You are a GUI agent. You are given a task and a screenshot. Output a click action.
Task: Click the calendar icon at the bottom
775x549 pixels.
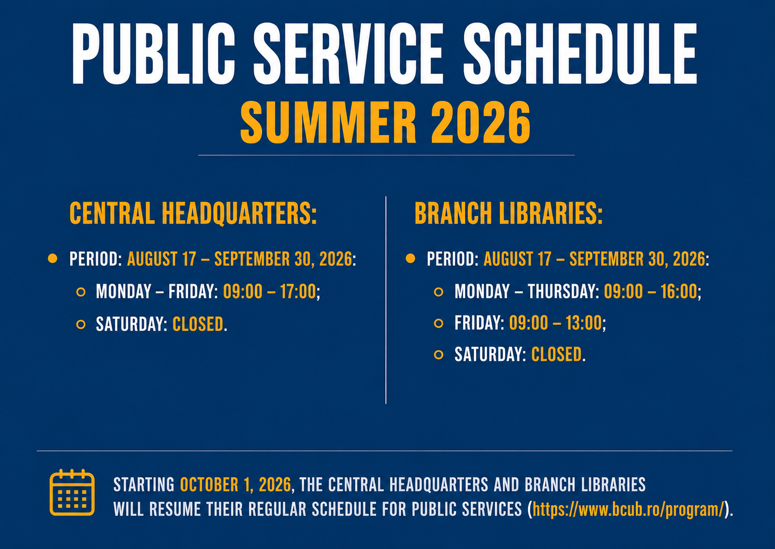tap(72, 493)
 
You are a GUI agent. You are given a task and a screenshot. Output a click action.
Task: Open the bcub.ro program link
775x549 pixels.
tap(628, 509)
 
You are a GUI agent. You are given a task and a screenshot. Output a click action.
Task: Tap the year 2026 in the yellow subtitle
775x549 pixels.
tap(481, 122)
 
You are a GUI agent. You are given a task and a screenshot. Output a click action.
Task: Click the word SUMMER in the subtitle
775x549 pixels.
tap(328, 122)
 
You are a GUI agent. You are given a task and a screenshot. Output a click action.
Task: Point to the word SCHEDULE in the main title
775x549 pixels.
tap(580, 54)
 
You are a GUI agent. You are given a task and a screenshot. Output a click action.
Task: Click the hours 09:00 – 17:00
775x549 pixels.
tap(270, 291)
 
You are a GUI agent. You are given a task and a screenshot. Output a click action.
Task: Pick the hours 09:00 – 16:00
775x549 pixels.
tap(650, 291)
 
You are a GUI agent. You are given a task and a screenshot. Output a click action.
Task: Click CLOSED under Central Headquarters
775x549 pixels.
tap(198, 324)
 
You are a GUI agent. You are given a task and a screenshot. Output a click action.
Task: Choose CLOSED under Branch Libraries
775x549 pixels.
tap(556, 354)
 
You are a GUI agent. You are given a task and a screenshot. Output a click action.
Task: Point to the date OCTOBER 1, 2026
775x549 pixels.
tap(235, 484)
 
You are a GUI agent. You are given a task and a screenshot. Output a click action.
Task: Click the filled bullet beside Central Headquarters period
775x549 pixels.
tap(52, 259)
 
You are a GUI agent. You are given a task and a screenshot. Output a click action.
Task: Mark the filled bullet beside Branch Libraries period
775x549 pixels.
tap(410, 259)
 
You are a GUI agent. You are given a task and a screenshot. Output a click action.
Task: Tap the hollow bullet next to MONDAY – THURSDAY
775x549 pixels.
tap(438, 291)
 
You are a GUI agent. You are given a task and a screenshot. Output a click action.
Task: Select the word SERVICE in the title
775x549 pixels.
tap(348, 54)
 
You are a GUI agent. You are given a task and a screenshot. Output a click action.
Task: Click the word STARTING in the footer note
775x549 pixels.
tap(144, 484)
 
